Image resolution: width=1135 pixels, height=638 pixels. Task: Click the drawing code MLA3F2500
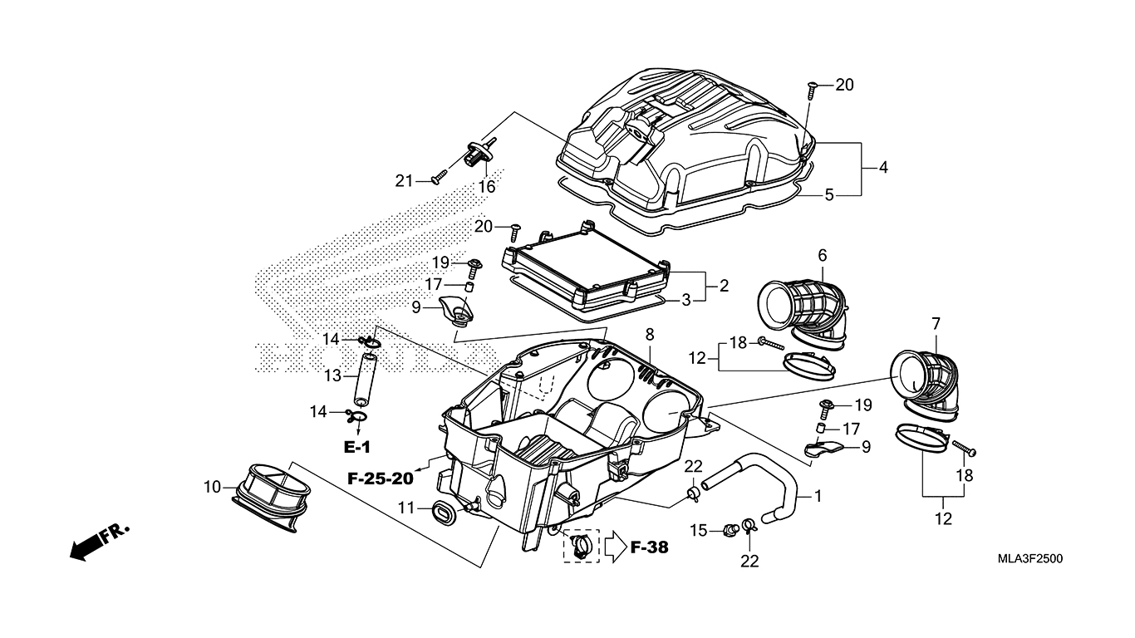coord(1030,559)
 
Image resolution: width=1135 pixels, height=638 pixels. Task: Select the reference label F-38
coord(649,547)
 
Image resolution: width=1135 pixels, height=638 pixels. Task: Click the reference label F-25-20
coord(381,478)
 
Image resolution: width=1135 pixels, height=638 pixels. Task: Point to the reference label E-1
coord(357,447)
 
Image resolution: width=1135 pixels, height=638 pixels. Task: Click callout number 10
coord(213,487)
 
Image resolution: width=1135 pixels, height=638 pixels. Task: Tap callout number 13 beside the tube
coord(333,376)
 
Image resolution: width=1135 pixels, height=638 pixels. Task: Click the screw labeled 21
coord(439,176)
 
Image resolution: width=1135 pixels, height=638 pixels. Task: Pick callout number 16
coord(486,186)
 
